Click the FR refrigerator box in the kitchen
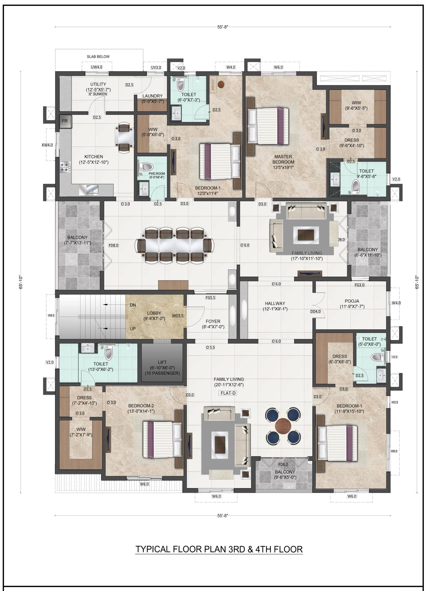tap(65, 122)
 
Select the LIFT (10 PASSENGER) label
tap(162, 368)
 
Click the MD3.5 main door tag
tap(178, 316)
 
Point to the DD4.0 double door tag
tap(315, 312)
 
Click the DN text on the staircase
tap(133, 305)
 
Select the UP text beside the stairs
tap(133, 329)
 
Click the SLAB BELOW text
tap(98, 56)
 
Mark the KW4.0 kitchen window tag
tap(47, 145)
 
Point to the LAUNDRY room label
tap(152, 96)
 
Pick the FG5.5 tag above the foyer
tap(210, 297)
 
